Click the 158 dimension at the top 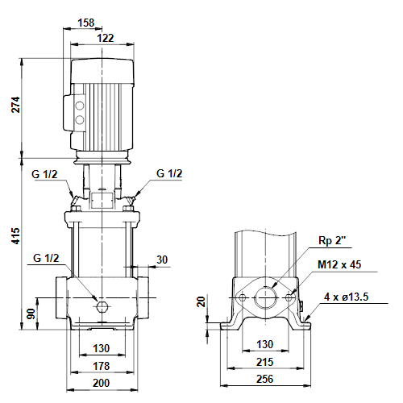[86, 23]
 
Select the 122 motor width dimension [105, 38]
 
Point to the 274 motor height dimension [15, 105]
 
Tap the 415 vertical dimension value [15, 236]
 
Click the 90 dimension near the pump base [31, 314]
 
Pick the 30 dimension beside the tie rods [162, 260]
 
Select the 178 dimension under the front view [102, 366]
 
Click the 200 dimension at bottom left [102, 383]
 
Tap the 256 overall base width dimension [265, 379]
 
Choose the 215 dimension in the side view [265, 362]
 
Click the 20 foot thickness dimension [201, 301]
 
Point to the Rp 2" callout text [331, 240]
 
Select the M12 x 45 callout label [339, 264]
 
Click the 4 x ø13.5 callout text [346, 297]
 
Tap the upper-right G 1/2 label [169, 173]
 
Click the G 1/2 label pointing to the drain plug [46, 258]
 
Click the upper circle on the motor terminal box [80, 106]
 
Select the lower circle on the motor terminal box [80, 119]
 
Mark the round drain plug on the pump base [102, 306]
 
